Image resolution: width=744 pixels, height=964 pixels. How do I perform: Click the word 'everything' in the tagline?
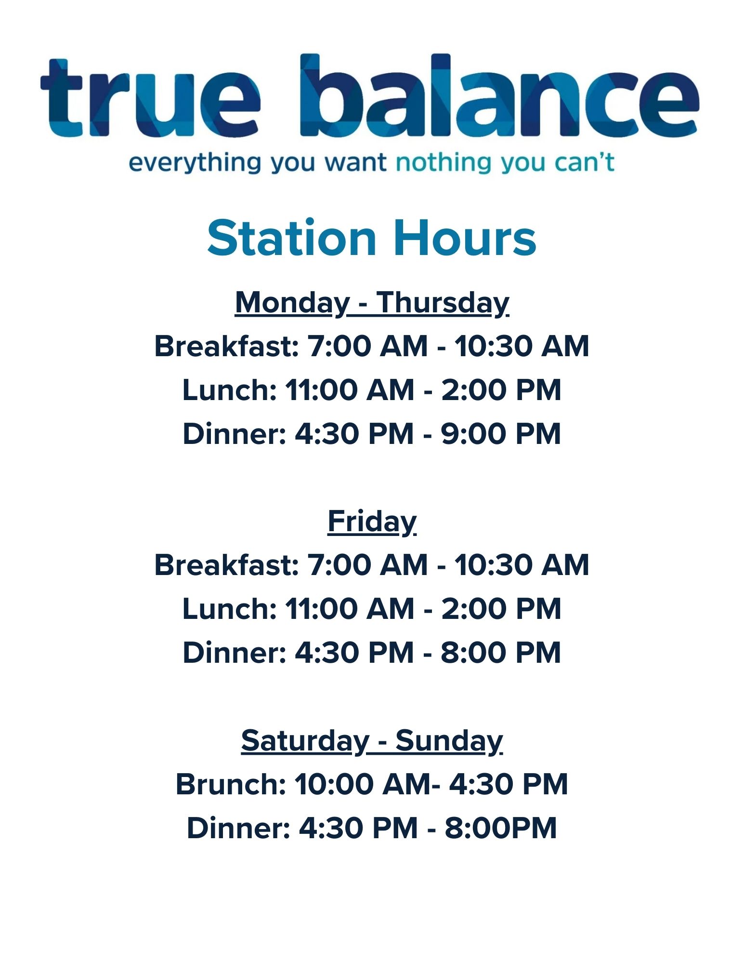tap(195, 163)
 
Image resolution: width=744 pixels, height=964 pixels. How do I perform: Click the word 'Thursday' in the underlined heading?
tap(443, 304)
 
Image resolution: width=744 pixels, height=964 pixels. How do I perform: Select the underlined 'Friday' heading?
tap(372, 522)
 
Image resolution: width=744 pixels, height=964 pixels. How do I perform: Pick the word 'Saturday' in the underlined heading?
tap(305, 741)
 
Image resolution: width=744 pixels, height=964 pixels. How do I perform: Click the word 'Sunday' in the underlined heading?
tap(449, 741)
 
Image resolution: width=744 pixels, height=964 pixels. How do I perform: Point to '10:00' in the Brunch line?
tap(334, 784)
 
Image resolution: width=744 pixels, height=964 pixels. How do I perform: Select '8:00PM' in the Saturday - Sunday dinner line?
tap(501, 828)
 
